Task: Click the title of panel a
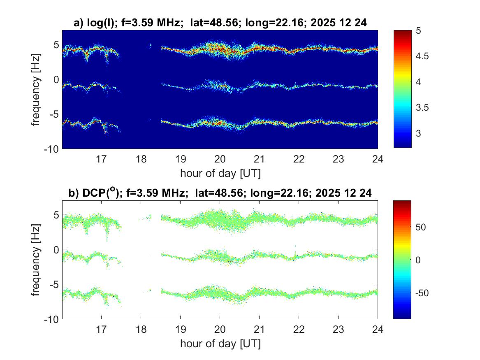click(220, 24)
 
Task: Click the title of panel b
click(220, 193)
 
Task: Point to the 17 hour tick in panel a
click(102, 158)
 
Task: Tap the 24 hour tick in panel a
click(378, 158)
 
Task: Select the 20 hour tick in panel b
click(220, 329)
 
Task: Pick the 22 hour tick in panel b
click(299, 329)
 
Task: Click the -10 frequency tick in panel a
click(53, 148)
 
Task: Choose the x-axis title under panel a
click(220, 173)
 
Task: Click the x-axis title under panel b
click(220, 344)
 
